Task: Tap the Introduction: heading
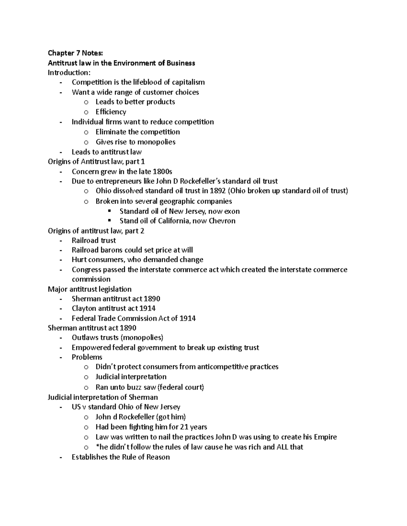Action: coord(68,72)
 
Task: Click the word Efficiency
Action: coord(111,112)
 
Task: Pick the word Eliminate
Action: coord(111,132)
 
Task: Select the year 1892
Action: coord(217,191)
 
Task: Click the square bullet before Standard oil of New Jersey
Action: coord(109,211)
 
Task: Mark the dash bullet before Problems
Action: coord(61,357)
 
